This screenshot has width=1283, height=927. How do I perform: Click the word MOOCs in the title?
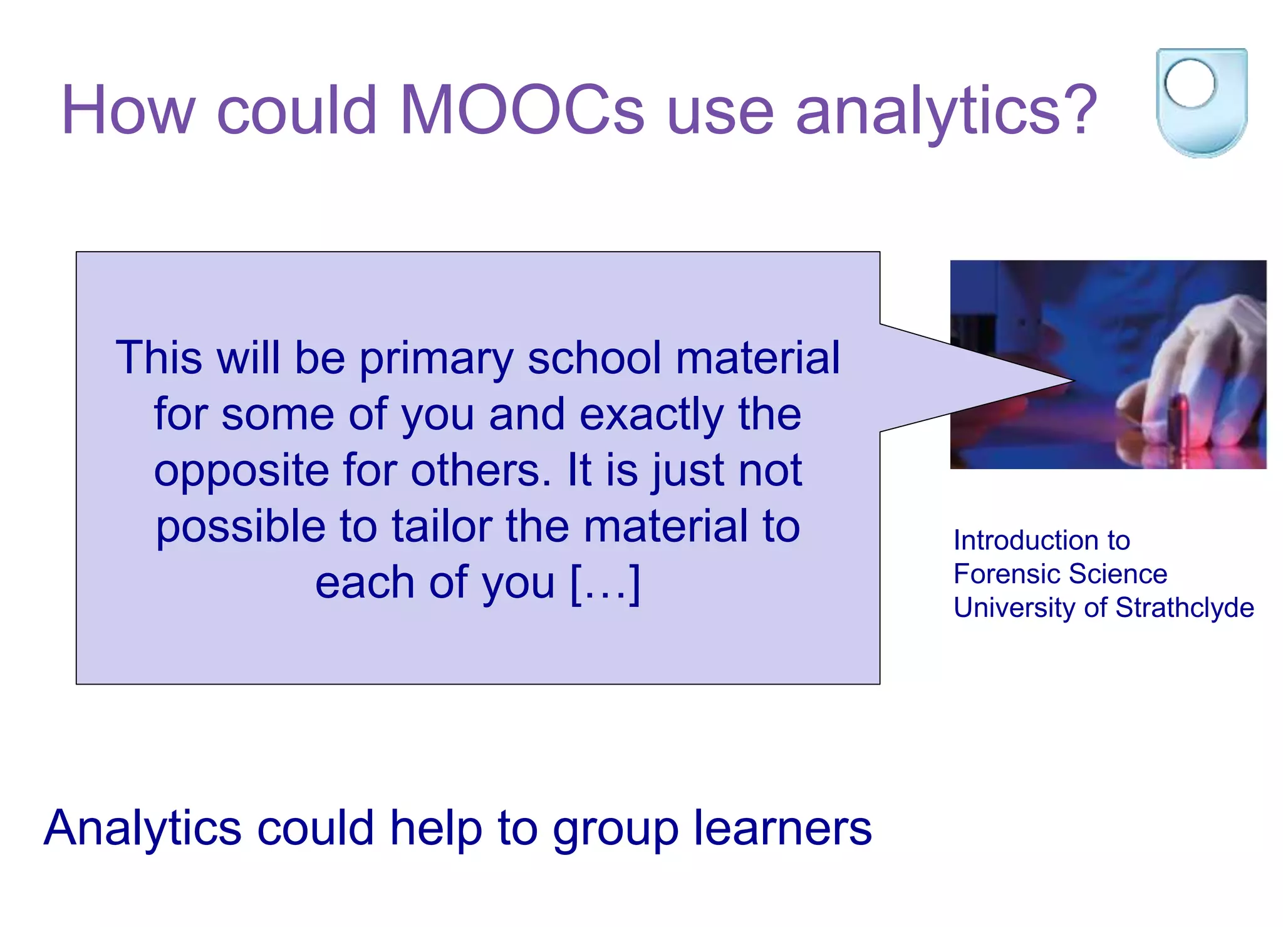tap(521, 110)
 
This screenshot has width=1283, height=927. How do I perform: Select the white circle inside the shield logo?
tap(1189, 83)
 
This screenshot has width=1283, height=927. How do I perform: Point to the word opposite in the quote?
tap(241, 471)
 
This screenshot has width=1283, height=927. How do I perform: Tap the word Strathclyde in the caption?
tap(1185, 608)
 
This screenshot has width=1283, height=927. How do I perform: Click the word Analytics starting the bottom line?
tap(143, 829)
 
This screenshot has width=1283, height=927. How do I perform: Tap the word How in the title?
tap(128, 110)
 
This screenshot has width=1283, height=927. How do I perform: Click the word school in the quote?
tap(594, 358)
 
